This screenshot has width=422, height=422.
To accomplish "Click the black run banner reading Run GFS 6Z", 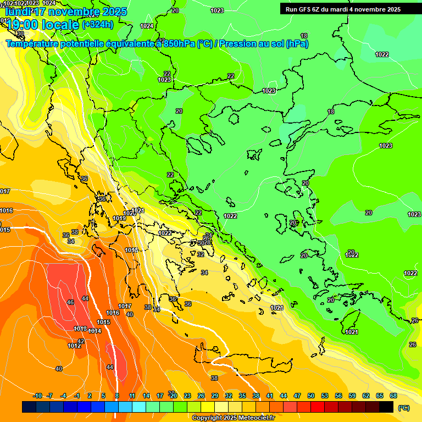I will tap(343, 9).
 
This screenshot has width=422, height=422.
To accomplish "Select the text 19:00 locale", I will tap(42, 24).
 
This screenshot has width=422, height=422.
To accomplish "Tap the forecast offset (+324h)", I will tap(97, 24).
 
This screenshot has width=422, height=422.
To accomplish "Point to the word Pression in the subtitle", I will tap(242, 43).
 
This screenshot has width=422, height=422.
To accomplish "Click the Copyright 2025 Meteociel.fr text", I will tap(234, 418).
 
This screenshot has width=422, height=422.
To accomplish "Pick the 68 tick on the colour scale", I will tap(393, 396).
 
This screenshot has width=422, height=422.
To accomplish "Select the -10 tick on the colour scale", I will tap(37, 396).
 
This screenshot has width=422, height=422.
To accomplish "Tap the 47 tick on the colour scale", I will tap(297, 396).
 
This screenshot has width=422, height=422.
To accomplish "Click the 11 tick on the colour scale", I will tap(132, 396).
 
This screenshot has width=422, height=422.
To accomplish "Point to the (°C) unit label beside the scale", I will tap(404, 407).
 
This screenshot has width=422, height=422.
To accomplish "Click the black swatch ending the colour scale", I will tap(386, 407).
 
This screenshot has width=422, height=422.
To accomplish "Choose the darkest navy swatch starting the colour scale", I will tap(29, 407).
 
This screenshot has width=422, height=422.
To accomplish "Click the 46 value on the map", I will tap(70, 303).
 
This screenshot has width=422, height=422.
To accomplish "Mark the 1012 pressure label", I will tap(74, 346).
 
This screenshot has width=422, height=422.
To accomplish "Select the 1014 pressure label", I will tap(95, 331).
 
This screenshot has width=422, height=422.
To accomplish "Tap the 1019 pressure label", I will tap(119, 219).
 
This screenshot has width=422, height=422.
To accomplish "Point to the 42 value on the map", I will tap(81, 341).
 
